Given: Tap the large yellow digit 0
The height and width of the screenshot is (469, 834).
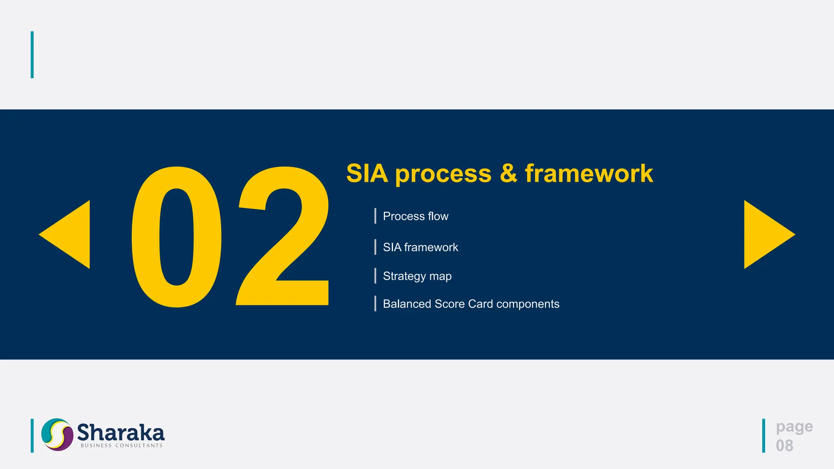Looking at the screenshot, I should coord(176,237).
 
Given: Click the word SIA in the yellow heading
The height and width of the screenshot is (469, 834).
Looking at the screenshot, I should coord(367,173).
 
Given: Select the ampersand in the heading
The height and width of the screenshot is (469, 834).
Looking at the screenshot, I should coord(508,173).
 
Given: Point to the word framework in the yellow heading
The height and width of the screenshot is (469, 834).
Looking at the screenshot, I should coord(589,173).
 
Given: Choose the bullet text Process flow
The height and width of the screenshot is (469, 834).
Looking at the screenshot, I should coord(415,216).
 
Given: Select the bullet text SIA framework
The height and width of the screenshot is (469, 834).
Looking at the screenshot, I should coord(420,247).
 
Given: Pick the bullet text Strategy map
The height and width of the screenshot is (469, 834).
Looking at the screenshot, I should coord(417,276).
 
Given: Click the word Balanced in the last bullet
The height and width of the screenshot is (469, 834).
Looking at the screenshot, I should coord(407,304).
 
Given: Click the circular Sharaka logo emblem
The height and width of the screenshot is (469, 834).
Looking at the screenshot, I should coord(57,434).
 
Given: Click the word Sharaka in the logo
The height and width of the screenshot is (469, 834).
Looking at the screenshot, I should coord(121,432).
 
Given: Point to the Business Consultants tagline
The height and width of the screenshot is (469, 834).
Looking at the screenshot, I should coord(121,446).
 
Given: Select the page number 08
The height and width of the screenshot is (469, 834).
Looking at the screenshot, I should coord(784,445).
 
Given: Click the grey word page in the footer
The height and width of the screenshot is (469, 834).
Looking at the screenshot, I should coord(794,427).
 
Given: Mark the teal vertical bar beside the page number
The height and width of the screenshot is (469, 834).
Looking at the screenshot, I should coord(764,436).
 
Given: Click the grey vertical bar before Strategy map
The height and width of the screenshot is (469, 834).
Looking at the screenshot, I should coord(375,276).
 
